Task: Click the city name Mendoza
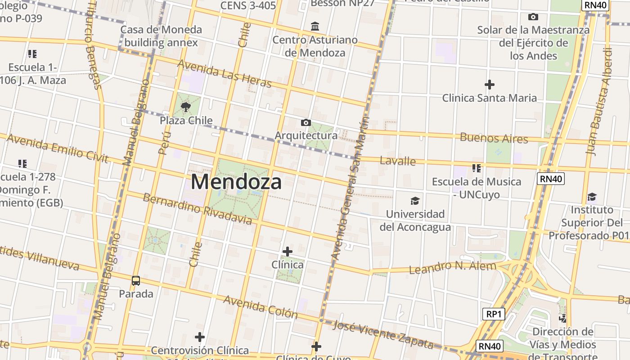[236, 182]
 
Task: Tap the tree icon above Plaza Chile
[185, 107]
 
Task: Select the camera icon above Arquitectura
[306, 122]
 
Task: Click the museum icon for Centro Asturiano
[315, 27]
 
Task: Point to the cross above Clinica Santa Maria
[489, 85]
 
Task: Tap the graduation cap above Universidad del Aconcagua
[414, 201]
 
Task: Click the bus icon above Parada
[136, 281]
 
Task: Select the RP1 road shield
[493, 314]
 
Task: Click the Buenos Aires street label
[494, 138]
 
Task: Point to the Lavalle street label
[398, 161]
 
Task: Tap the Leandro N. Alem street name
[452, 267]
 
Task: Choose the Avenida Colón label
[261, 307]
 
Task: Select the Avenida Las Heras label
[225, 73]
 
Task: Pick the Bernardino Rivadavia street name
[197, 209]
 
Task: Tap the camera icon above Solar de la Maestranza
[533, 17]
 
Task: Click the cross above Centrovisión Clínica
[200, 337]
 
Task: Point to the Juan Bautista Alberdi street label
[600, 101]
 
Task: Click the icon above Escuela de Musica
[477, 169]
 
